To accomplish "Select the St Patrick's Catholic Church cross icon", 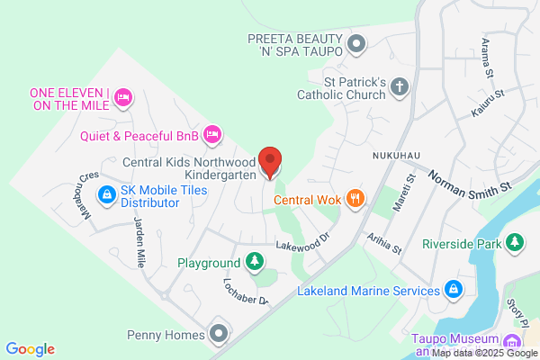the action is click(x=400, y=86).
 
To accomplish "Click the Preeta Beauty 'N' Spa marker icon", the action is click(x=357, y=43).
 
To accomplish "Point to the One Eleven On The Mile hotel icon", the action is click(x=123, y=95).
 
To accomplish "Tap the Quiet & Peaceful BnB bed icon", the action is click(x=212, y=135).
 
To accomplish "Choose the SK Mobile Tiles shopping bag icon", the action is click(x=106, y=193).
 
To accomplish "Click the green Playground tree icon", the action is click(x=256, y=262).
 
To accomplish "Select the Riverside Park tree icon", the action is click(x=515, y=242).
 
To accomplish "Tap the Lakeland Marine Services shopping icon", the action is click(x=454, y=290).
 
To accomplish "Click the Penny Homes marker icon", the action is click(x=218, y=334).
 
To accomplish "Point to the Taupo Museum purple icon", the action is click(x=511, y=341).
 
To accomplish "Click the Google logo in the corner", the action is click(x=31, y=349).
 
